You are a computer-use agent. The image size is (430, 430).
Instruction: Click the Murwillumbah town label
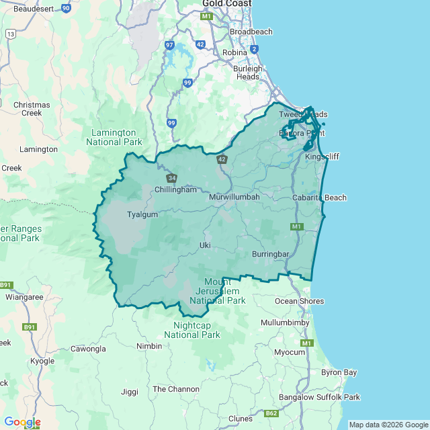coord(234,198)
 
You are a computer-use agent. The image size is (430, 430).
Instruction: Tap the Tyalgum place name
coord(142,214)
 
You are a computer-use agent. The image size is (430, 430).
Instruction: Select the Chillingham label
coord(175,189)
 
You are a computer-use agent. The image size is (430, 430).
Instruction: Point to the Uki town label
coord(205,245)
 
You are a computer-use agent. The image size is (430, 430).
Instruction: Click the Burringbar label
coord(270,254)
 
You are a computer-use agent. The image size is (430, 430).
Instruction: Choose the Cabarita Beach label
coord(319,198)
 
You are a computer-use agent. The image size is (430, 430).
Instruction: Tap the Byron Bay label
coord(339,372)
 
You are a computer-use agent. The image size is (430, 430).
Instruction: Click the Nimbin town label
coord(149,346)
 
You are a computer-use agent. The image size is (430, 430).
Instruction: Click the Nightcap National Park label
coord(192,330)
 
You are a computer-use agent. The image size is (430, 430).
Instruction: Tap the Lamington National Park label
coord(114,137)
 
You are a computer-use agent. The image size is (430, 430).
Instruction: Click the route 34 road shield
coord(172,178)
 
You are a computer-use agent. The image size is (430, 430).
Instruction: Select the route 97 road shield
coord(169,45)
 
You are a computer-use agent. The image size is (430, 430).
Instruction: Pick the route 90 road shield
coord(65,8)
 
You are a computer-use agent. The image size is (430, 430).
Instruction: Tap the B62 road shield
coord(271,413)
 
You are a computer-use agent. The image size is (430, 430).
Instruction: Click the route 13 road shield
coord(10,33)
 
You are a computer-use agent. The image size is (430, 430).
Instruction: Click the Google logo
coord(22,422)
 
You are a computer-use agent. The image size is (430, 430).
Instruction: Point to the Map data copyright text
coord(387,425)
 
